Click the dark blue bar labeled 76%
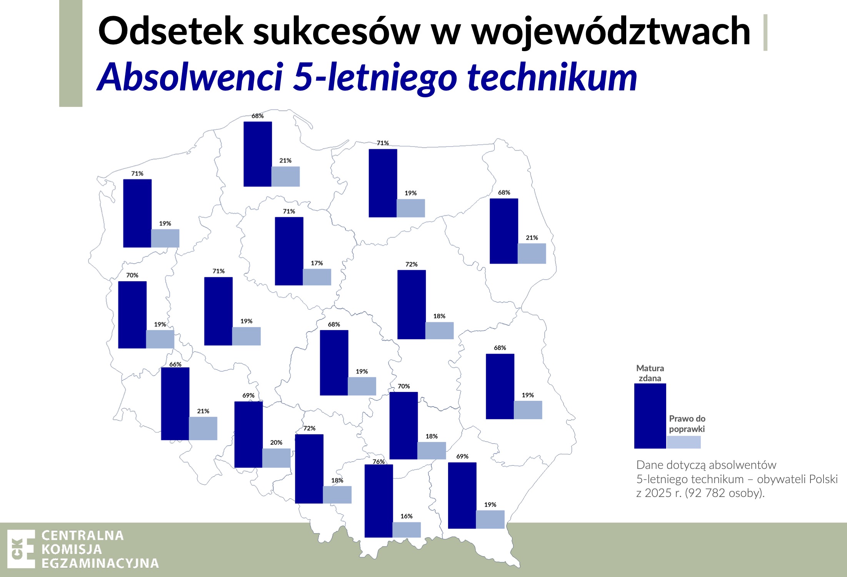378,501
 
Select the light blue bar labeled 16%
407,530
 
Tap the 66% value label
175,364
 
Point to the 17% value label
317,263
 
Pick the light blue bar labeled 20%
276,458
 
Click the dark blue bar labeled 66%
175,404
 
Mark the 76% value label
378,462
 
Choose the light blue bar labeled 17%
317,277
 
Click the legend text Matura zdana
650,373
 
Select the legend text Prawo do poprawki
687,424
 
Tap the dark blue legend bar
650,416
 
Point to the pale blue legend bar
684,442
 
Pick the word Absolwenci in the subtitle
190,77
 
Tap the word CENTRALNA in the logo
83,535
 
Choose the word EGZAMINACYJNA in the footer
100,563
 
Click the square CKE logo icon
21,549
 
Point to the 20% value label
276,442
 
